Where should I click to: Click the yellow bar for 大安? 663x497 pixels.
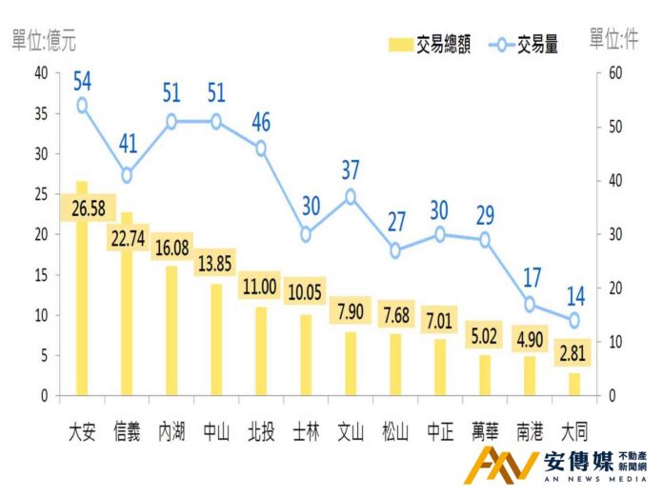pyautogui.click(x=82, y=305)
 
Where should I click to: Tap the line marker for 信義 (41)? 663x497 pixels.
pyautogui.click(x=127, y=175)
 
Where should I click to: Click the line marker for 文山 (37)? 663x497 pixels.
pyautogui.click(x=351, y=197)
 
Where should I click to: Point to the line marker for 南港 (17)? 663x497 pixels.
pyautogui.click(x=529, y=305)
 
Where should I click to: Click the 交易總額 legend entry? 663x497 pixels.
pyautogui.click(x=430, y=45)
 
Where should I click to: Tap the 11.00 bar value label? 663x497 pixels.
pyautogui.click(x=261, y=285)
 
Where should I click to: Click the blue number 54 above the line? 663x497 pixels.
pyautogui.click(x=82, y=79)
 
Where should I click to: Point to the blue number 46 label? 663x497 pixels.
pyautogui.click(x=261, y=122)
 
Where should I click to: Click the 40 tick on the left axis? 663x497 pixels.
pyautogui.click(x=40, y=73)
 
